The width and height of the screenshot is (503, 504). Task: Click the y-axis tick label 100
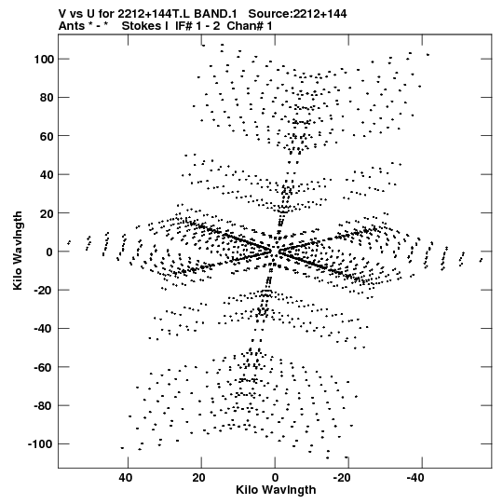[44, 59]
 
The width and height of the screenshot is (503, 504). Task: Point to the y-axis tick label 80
[47, 98]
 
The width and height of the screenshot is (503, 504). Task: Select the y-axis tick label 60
[47, 136]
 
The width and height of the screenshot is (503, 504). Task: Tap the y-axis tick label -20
[44, 290]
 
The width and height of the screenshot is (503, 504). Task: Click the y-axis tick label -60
[44, 367]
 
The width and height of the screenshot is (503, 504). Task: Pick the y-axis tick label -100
[41, 444]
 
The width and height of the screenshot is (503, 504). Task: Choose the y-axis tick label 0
[49, 252]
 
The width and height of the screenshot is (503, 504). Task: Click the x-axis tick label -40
[415, 478]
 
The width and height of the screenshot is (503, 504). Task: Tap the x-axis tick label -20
[342, 478]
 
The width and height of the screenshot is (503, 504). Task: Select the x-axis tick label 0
[275, 478]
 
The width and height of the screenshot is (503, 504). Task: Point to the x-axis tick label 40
[126, 478]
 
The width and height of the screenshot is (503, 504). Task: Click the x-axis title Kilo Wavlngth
[276, 490]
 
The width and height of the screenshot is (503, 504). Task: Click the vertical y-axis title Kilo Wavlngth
[18, 251]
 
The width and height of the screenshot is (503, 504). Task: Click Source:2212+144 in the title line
[297, 14]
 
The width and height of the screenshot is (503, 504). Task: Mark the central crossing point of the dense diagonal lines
[274, 252]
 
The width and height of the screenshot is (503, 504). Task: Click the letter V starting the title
[62, 14]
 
